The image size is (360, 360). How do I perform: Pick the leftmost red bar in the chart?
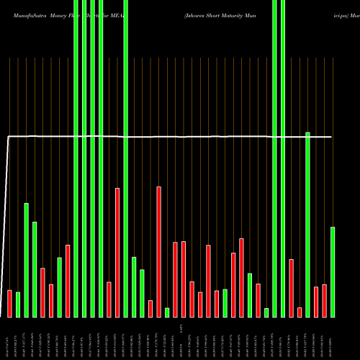(x=9, y=303)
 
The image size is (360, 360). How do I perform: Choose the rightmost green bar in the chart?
(x=333, y=271)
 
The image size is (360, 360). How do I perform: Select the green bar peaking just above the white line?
(x=307, y=224)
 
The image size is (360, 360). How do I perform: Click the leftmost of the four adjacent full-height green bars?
(x=76, y=158)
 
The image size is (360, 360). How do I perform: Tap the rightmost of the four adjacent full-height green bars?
(x=101, y=158)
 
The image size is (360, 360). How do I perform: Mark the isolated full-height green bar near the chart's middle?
(x=125, y=158)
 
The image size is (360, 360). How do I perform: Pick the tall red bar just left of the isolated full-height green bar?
(x=117, y=252)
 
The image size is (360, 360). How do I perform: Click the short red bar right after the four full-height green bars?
(x=109, y=299)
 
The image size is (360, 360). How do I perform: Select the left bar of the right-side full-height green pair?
(x=274, y=158)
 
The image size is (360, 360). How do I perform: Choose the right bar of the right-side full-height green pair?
(x=283, y=158)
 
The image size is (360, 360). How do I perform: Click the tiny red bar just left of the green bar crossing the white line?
(x=300, y=312)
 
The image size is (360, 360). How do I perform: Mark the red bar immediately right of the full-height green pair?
(x=291, y=288)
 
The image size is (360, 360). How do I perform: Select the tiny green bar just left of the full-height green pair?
(x=266, y=312)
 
